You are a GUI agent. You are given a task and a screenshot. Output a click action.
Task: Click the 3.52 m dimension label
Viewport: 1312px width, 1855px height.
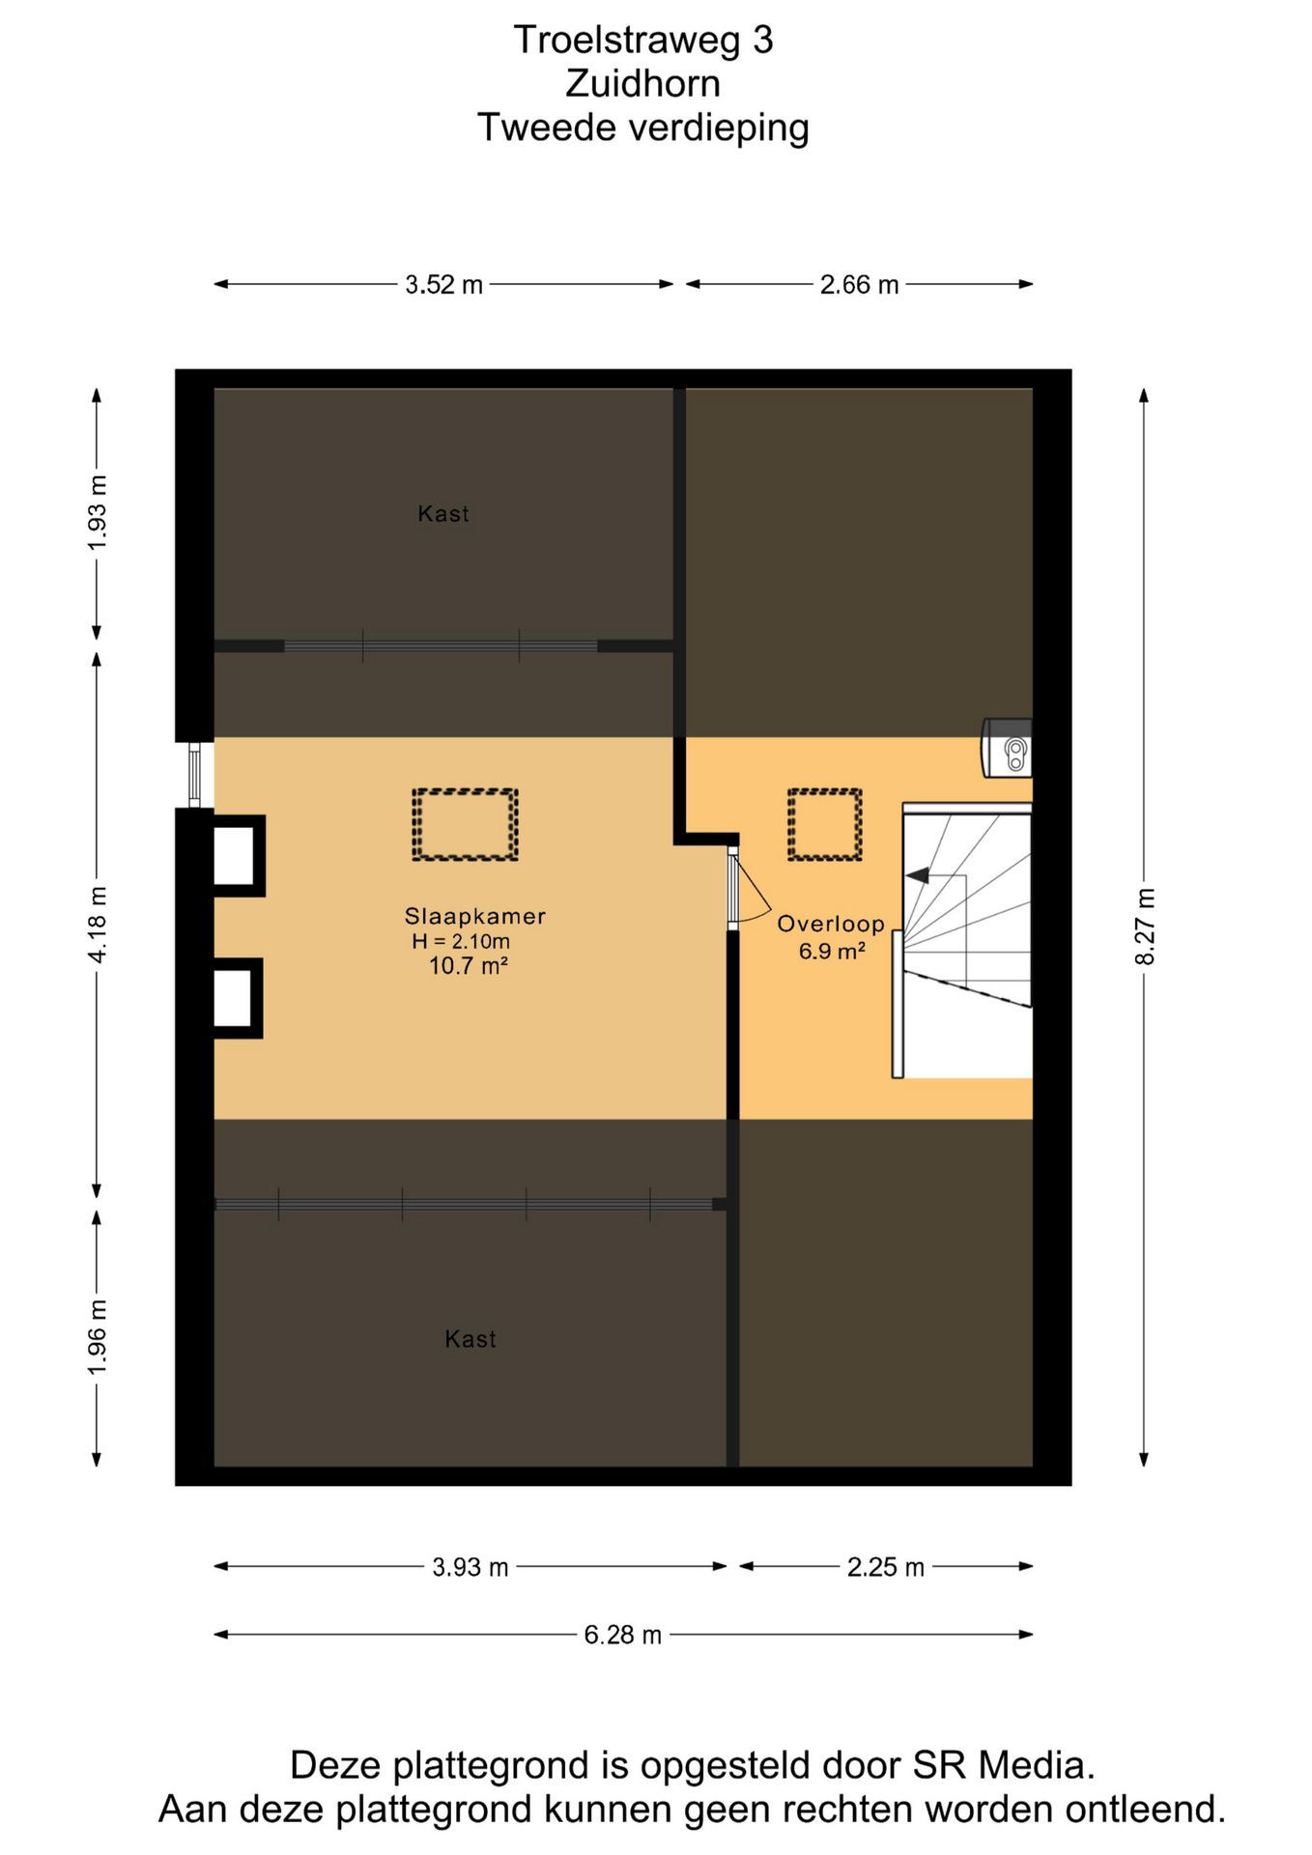click(443, 285)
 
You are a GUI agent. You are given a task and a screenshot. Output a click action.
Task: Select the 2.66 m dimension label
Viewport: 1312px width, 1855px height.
click(859, 285)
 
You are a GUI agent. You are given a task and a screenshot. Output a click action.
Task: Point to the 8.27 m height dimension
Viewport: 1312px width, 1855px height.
click(1145, 927)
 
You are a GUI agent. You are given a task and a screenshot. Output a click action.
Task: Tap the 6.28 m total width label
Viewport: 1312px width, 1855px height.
click(622, 1635)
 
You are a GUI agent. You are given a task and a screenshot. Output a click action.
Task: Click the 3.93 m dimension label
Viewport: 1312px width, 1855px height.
click(471, 1567)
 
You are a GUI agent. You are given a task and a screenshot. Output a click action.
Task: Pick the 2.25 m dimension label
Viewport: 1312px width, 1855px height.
click(886, 1567)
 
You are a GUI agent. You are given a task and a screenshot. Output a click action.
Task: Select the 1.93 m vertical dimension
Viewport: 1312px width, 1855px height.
click(98, 513)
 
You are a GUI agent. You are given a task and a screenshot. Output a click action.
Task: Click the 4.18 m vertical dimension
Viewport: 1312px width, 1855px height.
click(98, 925)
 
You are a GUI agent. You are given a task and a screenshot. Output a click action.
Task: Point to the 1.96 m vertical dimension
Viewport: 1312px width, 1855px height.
click(98, 1338)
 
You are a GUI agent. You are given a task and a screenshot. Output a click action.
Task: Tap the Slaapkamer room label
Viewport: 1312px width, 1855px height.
click(474, 916)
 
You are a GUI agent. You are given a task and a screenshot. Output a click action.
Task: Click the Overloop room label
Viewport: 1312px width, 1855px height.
click(831, 924)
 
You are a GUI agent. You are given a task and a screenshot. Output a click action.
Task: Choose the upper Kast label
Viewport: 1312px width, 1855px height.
click(443, 514)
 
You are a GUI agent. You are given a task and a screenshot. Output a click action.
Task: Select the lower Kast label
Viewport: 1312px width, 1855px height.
click(471, 1339)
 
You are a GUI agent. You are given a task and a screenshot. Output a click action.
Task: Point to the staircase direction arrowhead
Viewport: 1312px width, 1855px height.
click(917, 875)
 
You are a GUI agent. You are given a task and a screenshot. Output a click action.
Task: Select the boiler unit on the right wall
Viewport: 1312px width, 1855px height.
click(1007, 747)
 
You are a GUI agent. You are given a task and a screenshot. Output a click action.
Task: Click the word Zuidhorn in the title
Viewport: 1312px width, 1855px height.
click(643, 84)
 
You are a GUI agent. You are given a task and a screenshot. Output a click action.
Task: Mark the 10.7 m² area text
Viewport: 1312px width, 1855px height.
click(469, 966)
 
